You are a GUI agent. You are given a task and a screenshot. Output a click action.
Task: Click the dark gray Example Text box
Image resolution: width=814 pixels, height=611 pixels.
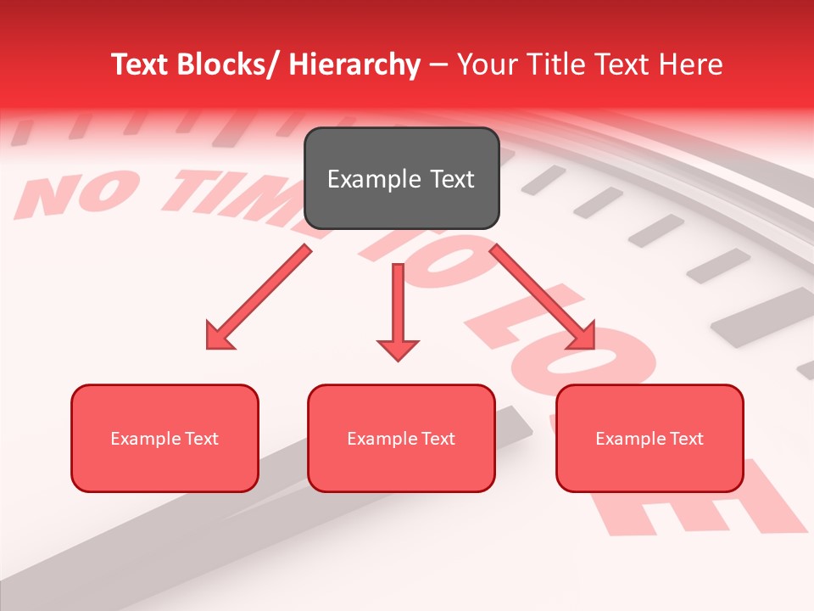tap(401, 178)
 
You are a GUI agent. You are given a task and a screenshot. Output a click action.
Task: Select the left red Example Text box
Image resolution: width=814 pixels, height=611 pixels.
tap(164, 438)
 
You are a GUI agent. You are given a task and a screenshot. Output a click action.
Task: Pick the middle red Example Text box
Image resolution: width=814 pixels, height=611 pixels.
tap(401, 438)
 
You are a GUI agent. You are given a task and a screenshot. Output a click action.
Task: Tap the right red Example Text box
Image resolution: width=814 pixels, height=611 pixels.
tap(650, 438)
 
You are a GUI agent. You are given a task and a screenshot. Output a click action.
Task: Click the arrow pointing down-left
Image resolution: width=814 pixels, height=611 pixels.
tap(259, 297)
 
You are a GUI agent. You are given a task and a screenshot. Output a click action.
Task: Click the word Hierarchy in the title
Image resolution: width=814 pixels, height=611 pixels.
tap(354, 64)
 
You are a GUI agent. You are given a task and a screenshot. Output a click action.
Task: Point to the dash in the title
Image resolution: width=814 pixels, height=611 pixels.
tap(438, 64)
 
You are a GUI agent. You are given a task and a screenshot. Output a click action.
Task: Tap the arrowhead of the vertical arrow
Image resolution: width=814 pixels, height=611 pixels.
tap(398, 349)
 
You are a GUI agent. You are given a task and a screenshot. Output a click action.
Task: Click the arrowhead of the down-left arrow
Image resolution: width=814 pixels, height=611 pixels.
tap(219, 335)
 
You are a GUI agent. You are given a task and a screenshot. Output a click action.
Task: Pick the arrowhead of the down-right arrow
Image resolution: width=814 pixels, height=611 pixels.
tap(581, 335)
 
